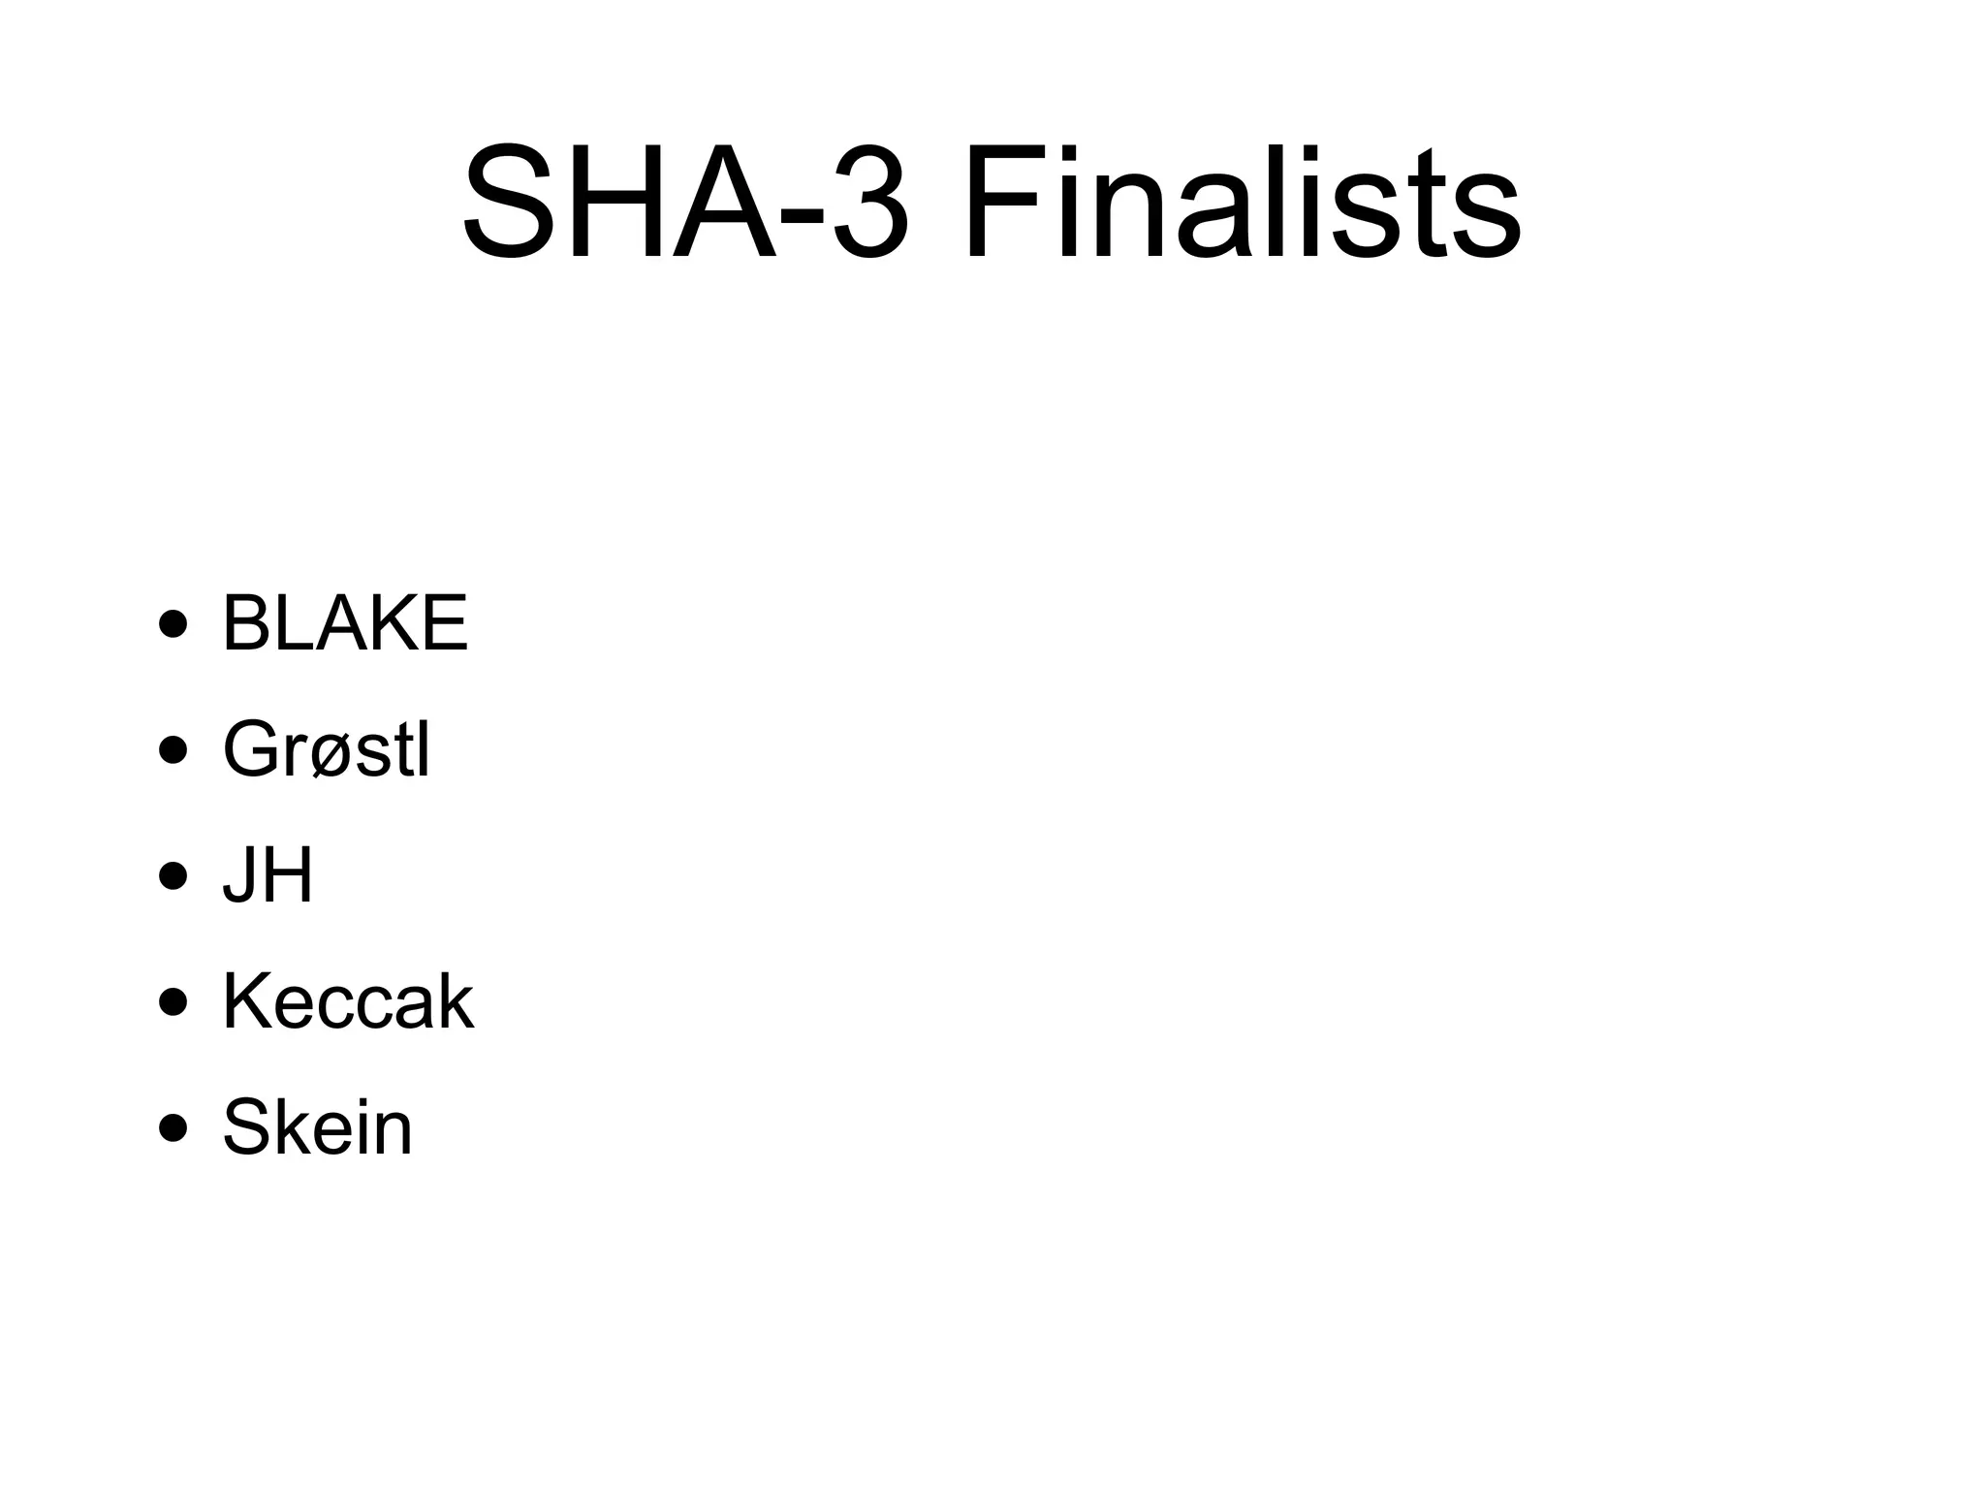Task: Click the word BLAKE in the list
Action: (x=345, y=623)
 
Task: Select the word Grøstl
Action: (x=327, y=749)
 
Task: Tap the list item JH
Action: (x=268, y=875)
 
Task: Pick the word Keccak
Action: (x=348, y=1001)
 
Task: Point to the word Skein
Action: (x=317, y=1127)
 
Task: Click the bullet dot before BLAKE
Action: (x=173, y=625)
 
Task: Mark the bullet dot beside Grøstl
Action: (x=173, y=751)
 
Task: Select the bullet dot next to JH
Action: (x=173, y=877)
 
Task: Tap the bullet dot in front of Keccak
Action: (x=173, y=1003)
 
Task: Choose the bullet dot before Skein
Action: (x=173, y=1129)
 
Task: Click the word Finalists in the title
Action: (x=1242, y=205)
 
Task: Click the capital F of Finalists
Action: (x=998, y=205)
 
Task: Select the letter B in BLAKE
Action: (x=243, y=623)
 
